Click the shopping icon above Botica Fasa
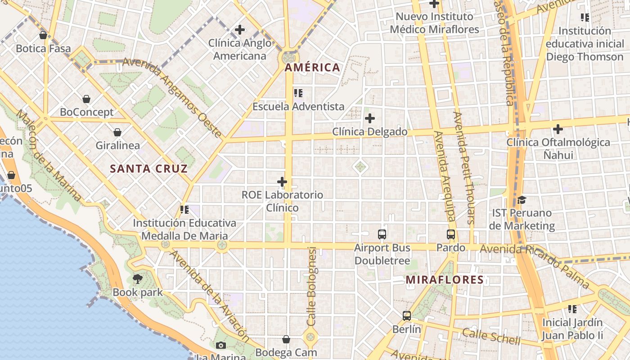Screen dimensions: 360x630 tap(43, 35)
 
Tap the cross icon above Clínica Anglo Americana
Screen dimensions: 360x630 tap(240, 30)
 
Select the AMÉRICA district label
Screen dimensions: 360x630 tap(312, 67)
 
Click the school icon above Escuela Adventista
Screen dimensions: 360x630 tap(298, 93)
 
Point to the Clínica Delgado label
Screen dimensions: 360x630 tap(369, 132)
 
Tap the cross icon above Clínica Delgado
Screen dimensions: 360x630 tap(370, 118)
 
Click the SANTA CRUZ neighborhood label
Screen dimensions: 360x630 tap(149, 169)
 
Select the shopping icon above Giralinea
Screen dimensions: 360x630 tap(117, 132)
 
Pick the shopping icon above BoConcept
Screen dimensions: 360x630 tap(86, 99)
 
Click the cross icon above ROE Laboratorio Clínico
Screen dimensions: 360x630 tap(282, 182)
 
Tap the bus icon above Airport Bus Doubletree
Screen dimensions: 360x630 tap(382, 234)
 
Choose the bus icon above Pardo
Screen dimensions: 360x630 tap(451, 234)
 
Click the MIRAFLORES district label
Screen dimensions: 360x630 tap(445, 280)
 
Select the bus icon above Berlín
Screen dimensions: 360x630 tap(407, 316)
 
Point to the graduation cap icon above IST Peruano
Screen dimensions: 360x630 tap(522, 200)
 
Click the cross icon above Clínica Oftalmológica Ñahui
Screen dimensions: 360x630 tap(558, 129)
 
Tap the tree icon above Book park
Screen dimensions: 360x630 tap(138, 279)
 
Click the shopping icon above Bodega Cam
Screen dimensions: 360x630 tap(286, 339)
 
